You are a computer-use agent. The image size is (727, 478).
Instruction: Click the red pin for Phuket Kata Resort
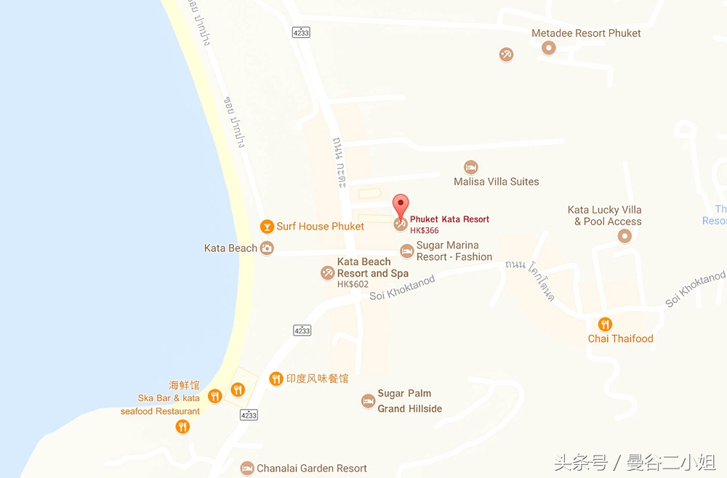pos(401,204)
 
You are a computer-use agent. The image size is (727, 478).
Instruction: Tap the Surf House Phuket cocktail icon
pos(267,227)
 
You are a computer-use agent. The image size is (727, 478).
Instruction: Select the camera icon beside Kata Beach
pos(267,248)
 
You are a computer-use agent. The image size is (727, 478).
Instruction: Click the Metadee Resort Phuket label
pos(586,33)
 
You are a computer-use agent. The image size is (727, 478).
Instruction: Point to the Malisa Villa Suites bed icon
pos(471,167)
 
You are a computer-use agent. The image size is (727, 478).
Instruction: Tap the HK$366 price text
pos(425,230)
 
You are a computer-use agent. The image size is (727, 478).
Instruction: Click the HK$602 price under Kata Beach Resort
pos(353,285)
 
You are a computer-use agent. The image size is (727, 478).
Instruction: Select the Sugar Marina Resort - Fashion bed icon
pos(407,251)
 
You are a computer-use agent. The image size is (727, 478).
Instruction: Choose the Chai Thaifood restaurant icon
pos(604,324)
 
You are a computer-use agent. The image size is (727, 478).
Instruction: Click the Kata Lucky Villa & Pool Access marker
pos(624,236)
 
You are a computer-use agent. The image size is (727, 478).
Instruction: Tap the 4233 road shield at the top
pos(301,32)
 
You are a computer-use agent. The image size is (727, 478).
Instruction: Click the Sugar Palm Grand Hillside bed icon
pos(369,401)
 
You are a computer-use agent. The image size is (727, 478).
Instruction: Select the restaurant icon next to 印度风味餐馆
pos(276,378)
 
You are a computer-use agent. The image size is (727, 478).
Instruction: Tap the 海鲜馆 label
pos(184,385)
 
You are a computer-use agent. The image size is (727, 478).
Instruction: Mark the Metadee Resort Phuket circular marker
pos(549,48)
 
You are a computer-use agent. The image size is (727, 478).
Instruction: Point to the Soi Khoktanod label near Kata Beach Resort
pos(402,288)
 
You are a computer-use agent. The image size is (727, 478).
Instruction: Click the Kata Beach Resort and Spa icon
pos(328,273)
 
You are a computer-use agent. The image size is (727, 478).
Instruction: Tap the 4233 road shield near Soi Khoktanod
pos(302,330)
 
